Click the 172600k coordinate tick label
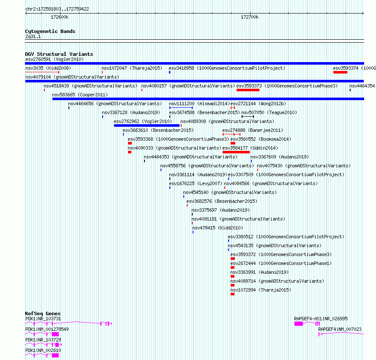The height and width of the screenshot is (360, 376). pyautogui.click(x=60, y=17)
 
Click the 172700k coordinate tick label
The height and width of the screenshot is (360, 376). pyautogui.click(x=250, y=17)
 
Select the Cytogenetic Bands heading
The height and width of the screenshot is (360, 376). pyautogui.click(x=50, y=31)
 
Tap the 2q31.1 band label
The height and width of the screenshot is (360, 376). pyautogui.click(x=33, y=36)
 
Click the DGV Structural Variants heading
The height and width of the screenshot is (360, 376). pyautogui.click(x=59, y=54)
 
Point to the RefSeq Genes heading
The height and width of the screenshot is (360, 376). pyautogui.click(x=43, y=314)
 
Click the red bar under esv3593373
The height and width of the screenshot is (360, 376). pyautogui.click(x=248, y=90)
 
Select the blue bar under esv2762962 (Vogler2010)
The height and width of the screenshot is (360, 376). pyautogui.click(x=147, y=125)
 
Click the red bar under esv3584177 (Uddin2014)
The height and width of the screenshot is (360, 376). pyautogui.click(x=236, y=152)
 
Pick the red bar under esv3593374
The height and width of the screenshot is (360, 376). pyautogui.click(x=340, y=72)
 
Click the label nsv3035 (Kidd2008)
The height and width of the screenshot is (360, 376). pyautogui.click(x=48, y=68)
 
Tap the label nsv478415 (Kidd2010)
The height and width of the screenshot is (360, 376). pyautogui.click(x=218, y=228)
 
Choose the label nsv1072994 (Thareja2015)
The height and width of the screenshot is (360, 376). pyautogui.click(x=261, y=290)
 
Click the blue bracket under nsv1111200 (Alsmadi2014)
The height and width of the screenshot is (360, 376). pyautogui.click(x=181, y=108)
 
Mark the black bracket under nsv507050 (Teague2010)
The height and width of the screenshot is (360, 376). pyautogui.click(x=248, y=117)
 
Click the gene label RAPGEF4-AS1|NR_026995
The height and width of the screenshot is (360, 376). pyautogui.click(x=321, y=319)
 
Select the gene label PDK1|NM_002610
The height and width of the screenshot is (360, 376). pyautogui.click(x=43, y=350)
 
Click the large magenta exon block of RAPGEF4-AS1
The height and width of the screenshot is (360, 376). pyautogui.click(x=299, y=324)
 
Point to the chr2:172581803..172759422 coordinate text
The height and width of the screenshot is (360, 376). pyautogui.click(x=57, y=9)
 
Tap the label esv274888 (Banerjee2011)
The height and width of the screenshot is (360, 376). pyautogui.click(x=253, y=130)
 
